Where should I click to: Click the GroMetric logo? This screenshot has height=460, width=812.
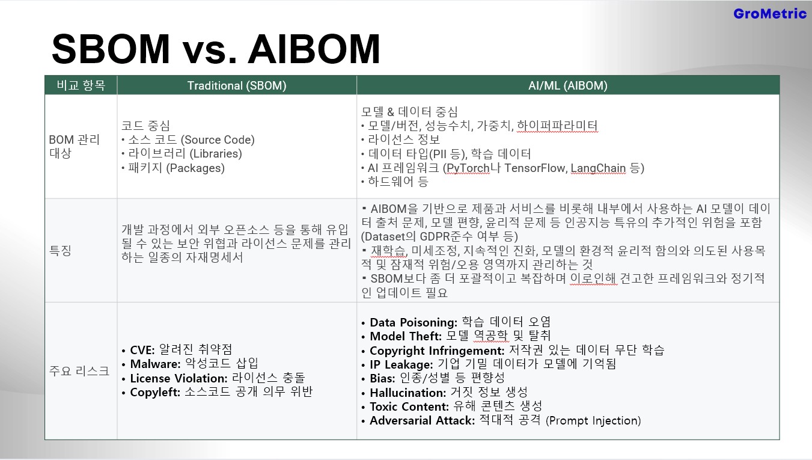[x=770, y=14]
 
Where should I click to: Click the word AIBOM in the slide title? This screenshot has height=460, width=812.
[x=314, y=49]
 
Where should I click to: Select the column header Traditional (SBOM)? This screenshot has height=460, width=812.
[x=237, y=85]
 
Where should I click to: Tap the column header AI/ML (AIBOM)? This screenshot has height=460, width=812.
[x=567, y=85]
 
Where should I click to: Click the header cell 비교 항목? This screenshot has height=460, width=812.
[x=81, y=85]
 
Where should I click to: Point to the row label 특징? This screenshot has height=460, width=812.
[x=60, y=250]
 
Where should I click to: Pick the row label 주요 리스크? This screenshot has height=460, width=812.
[x=79, y=371]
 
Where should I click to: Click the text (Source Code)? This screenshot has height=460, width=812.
[x=218, y=140]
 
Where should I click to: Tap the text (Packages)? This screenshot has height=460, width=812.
[x=195, y=168]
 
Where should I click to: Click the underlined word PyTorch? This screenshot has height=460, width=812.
[x=468, y=168]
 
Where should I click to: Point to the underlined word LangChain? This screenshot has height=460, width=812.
[x=598, y=168]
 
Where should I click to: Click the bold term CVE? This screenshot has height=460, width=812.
[x=142, y=350]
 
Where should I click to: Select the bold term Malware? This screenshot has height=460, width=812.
[x=155, y=364]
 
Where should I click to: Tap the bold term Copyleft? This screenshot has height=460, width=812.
[x=155, y=392]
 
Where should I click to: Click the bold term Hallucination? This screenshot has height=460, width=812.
[x=408, y=393]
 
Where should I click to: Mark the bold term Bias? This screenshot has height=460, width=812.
[x=382, y=378]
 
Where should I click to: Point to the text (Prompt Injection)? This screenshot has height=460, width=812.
[x=593, y=420]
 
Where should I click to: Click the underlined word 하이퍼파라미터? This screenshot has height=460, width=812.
[x=557, y=126]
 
